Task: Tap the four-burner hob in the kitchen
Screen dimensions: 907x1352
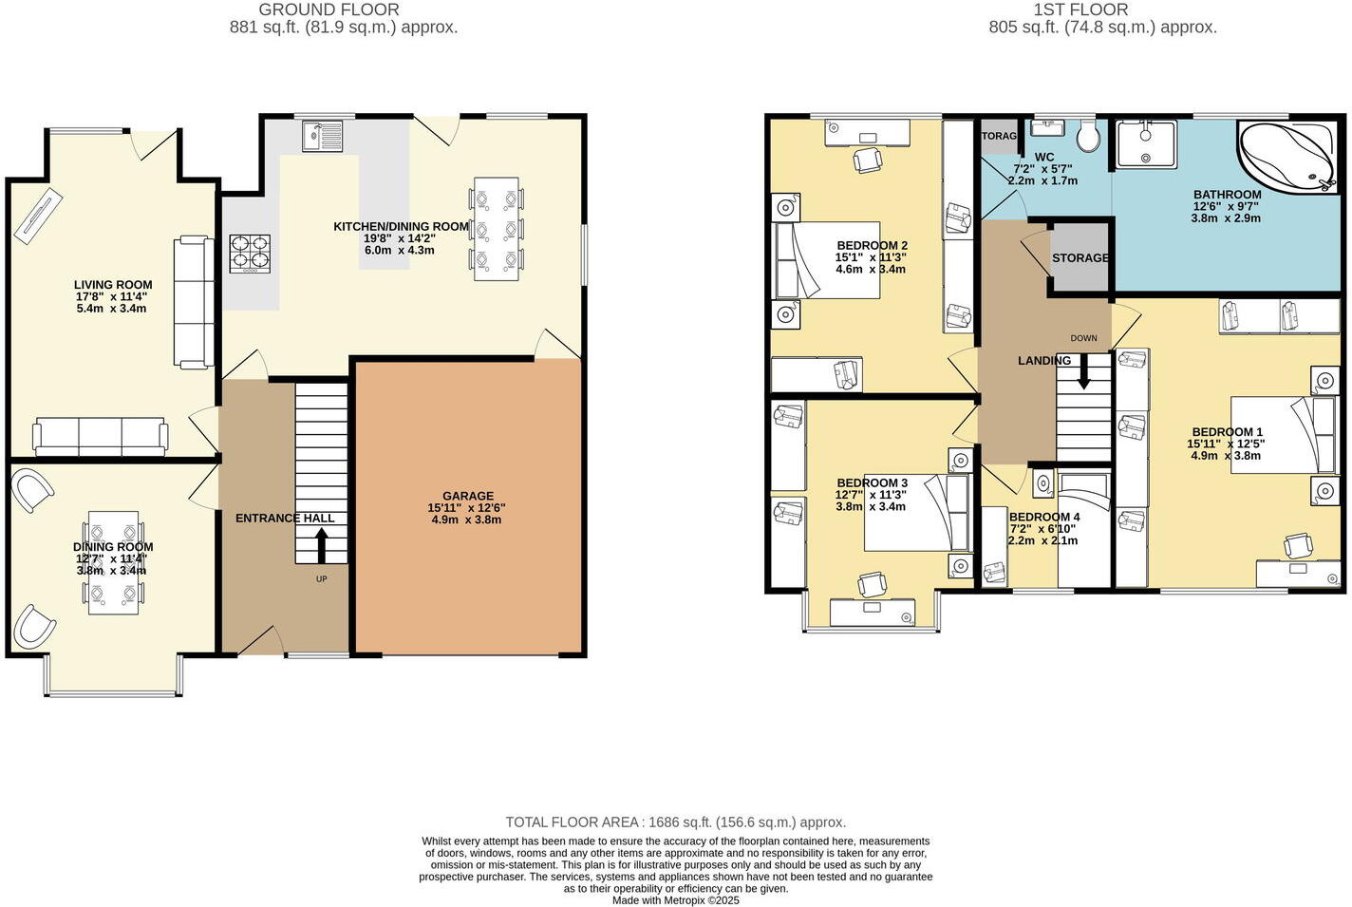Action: click(250, 254)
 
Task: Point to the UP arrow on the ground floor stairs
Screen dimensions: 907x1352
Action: click(321, 545)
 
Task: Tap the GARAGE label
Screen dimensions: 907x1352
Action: click(467, 496)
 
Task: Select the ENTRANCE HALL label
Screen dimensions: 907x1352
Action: click(285, 518)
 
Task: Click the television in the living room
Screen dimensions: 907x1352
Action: click(37, 214)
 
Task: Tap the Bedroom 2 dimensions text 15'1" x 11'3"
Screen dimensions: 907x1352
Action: click(871, 257)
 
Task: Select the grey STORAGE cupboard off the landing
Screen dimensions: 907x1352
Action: click(1080, 257)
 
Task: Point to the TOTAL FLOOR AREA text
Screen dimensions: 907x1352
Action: click(675, 822)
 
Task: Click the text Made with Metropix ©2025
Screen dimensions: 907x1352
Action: click(675, 900)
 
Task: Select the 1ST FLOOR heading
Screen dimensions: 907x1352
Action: click(1080, 9)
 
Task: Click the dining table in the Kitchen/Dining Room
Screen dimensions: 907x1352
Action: click(496, 228)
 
